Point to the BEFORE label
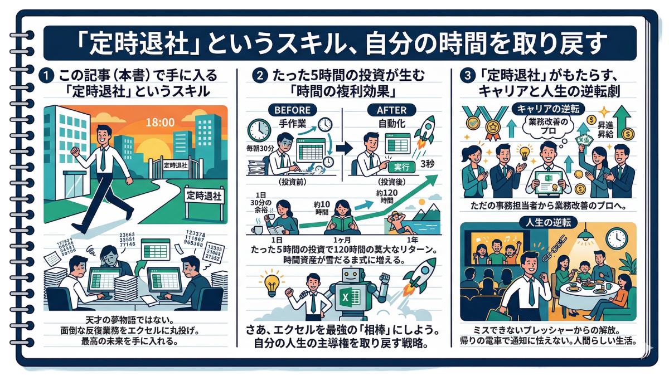pyautogui.click(x=290, y=110)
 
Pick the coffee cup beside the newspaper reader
pyautogui.click(x=260, y=229)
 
